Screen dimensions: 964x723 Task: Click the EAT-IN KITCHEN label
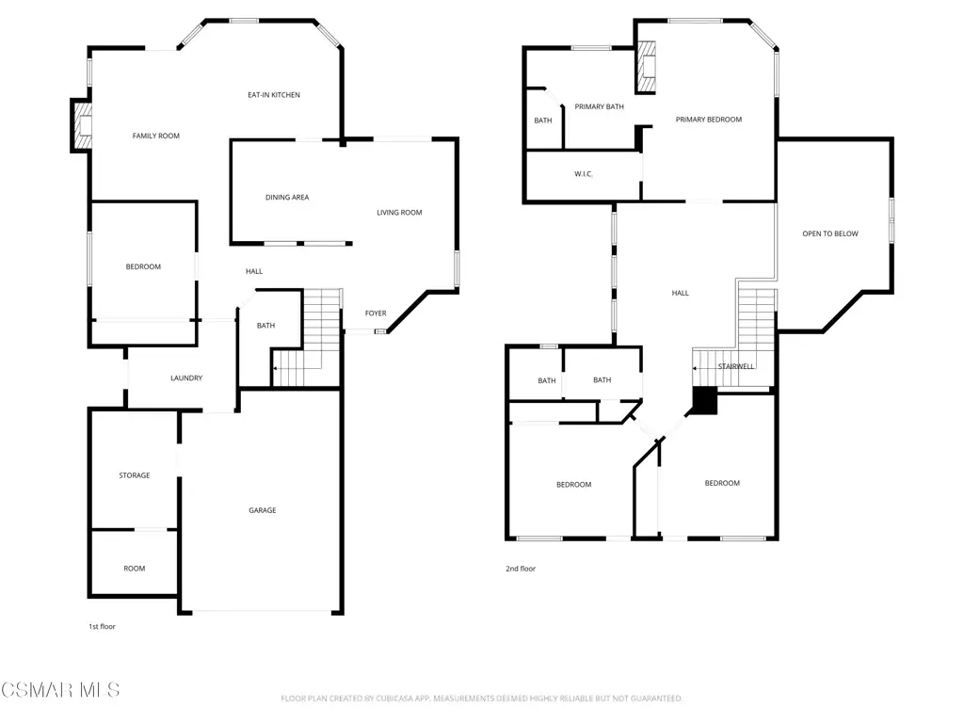point(274,95)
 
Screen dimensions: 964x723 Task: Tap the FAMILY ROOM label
point(156,136)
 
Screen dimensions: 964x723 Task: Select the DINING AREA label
point(287,198)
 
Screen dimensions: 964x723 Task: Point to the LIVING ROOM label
point(399,213)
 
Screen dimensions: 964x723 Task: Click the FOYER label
point(376,313)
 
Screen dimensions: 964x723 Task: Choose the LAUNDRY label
point(186,378)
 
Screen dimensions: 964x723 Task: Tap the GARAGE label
point(263,510)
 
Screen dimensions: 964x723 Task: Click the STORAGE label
point(135,475)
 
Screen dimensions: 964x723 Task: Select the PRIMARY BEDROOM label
point(709,120)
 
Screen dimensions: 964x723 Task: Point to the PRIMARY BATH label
point(600,106)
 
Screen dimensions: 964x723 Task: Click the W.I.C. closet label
point(584,174)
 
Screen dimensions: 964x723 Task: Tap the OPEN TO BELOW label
point(830,233)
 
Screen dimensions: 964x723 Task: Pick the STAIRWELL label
point(736,366)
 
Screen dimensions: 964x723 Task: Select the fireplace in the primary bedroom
point(645,67)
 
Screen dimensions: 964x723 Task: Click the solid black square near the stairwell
point(705,400)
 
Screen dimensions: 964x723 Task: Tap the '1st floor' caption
point(102,626)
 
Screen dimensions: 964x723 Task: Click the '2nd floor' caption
point(521,569)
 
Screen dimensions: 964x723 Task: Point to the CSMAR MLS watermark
point(60,690)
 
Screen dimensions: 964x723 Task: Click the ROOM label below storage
point(135,569)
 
